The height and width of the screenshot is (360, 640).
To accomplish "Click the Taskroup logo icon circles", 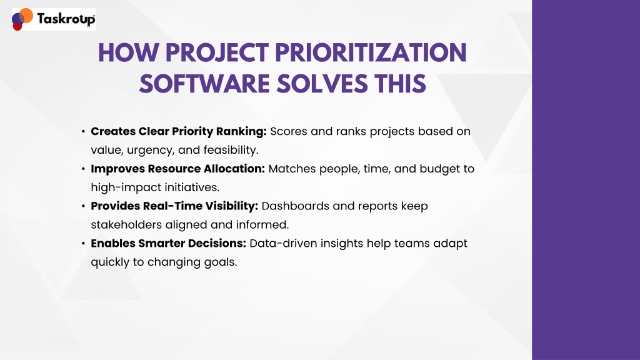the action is pyautogui.click(x=22, y=19).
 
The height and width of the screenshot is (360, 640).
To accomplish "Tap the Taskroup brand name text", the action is pyautogui.click(x=66, y=19).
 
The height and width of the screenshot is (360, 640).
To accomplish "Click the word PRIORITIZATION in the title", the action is pyautogui.click(x=371, y=53).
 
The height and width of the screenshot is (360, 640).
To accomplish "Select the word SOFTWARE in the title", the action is pyautogui.click(x=204, y=84).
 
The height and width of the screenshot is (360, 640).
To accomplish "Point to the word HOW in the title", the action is pyautogui.click(x=129, y=53).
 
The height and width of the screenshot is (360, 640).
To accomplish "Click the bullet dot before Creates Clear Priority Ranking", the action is pyautogui.click(x=83, y=131).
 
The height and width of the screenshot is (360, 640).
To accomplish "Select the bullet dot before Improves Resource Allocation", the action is pyautogui.click(x=83, y=169).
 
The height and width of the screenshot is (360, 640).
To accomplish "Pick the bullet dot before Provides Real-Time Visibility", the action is pyautogui.click(x=83, y=206).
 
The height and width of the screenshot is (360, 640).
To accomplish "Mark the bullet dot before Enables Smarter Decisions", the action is pyautogui.click(x=83, y=243).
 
